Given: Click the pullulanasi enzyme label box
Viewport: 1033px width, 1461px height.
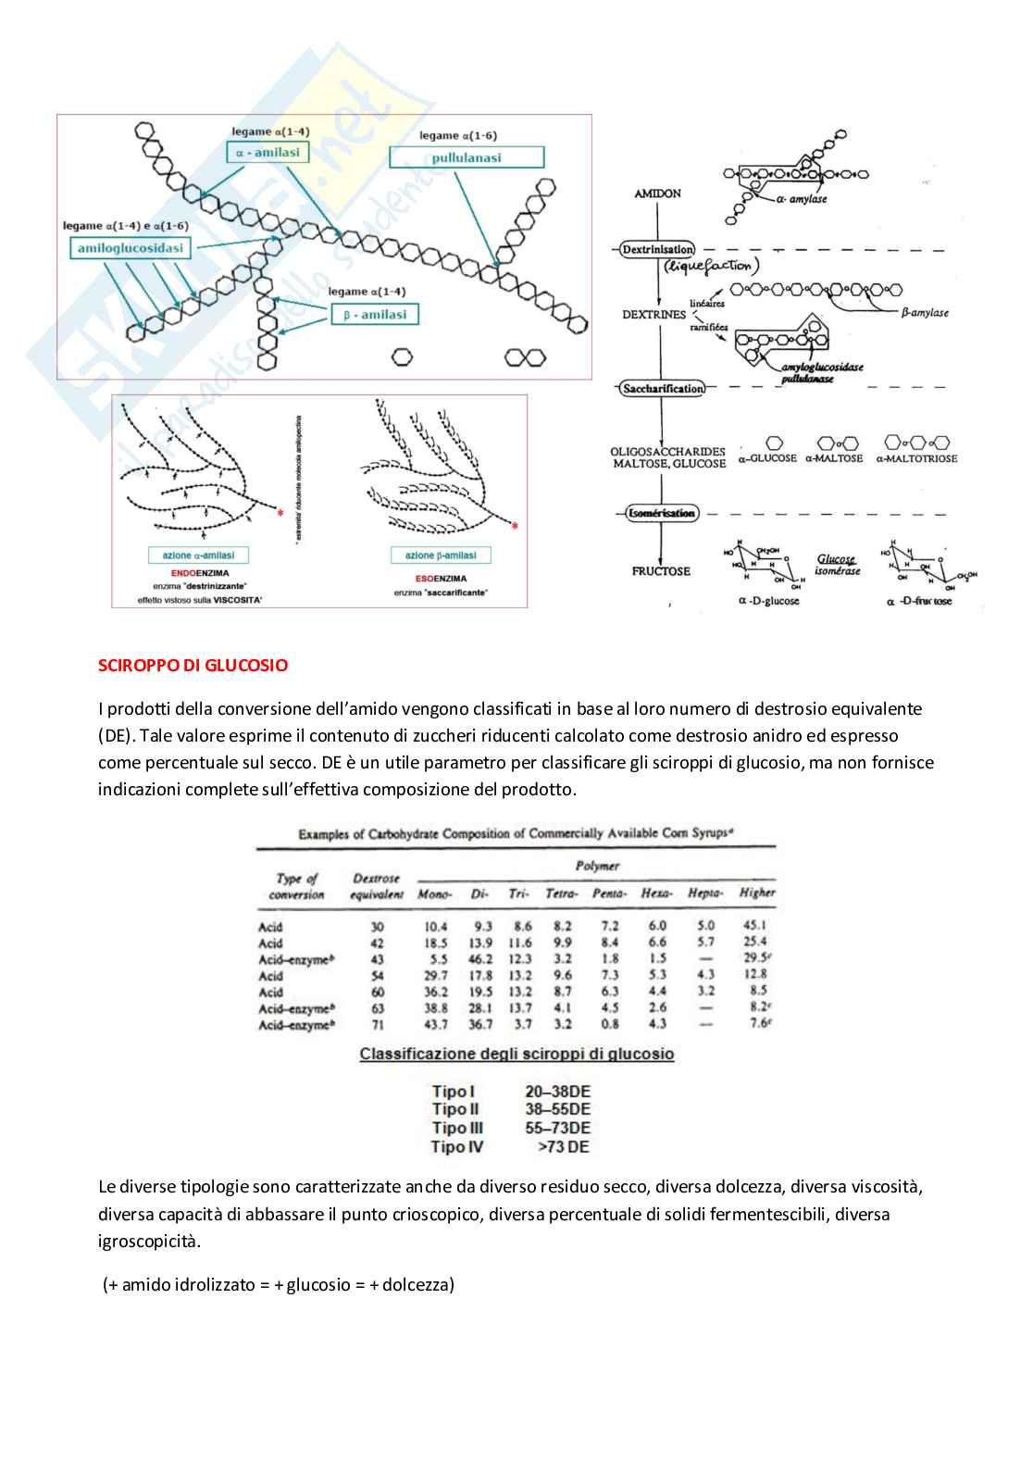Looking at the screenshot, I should [466, 157].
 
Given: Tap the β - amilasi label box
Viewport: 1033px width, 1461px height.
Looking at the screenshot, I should [374, 315].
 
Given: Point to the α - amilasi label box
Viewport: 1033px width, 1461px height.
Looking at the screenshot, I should [267, 152].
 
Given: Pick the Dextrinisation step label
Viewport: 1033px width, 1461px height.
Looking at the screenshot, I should [658, 250].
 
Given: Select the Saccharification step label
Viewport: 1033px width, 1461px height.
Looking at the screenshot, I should [662, 389].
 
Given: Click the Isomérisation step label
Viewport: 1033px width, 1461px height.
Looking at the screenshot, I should [661, 513].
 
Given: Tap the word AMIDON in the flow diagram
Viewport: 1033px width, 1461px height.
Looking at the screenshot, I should [658, 194].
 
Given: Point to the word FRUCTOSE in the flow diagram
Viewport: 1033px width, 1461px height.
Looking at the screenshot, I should [661, 571].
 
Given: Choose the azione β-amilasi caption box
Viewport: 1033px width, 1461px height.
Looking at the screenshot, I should [441, 556].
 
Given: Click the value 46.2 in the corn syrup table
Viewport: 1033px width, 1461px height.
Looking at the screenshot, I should [479, 959].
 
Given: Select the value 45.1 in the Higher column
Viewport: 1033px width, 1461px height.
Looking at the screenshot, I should [754, 925].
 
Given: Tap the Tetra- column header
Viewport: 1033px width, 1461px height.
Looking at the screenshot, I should [561, 893].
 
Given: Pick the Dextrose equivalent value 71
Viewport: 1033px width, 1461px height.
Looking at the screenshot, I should [377, 1025].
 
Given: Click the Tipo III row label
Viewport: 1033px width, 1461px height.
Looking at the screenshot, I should [457, 1128].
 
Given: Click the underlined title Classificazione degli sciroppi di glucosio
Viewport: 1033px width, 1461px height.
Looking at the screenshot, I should [516, 1054].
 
